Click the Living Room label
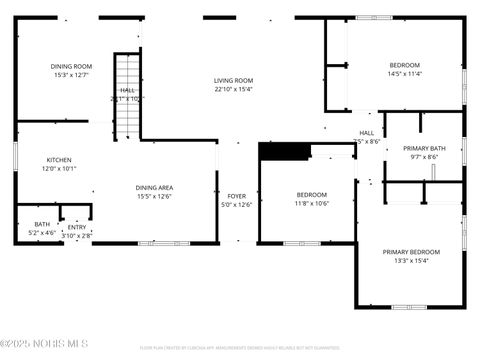pos(233,81)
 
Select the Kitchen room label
pos(59,160)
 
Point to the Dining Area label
pos(155,187)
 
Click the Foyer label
pos(236,196)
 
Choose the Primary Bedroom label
pos(411,252)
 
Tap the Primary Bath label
pos(424,148)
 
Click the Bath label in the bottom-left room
pos(42,224)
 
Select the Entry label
pos(77,227)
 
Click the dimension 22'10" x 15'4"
pos(233,89)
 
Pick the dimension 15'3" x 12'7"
pos(71,75)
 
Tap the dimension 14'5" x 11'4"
pos(405,74)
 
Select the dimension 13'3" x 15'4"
pos(411,261)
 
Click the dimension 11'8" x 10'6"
pos(311,203)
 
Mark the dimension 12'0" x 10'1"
pos(59,169)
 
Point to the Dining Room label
pos(71,66)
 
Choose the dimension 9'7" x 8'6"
pos(424,157)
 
